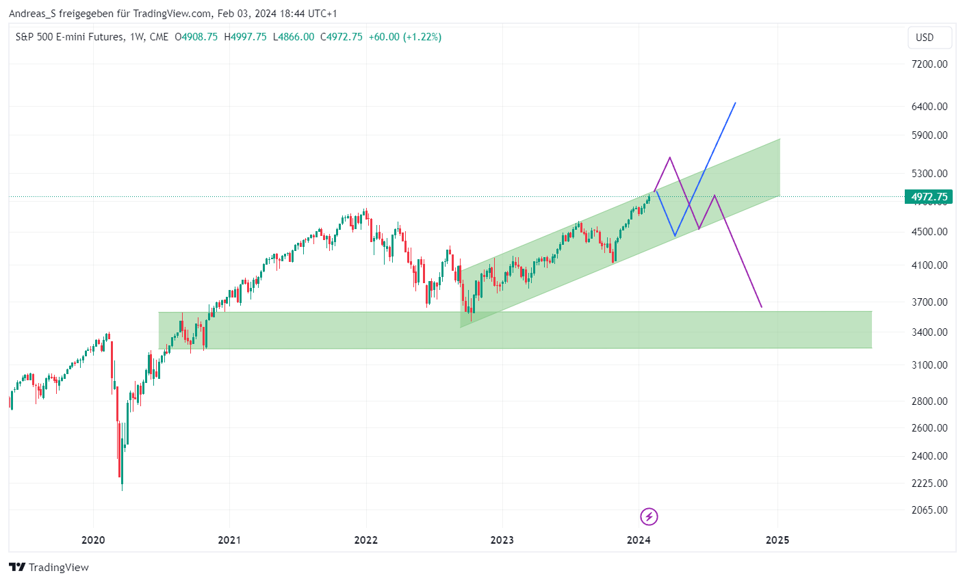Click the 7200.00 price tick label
pyautogui.click(x=929, y=64)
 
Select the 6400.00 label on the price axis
pyautogui.click(x=929, y=107)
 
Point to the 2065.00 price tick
pyautogui.click(x=929, y=510)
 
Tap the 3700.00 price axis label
pyautogui.click(x=929, y=302)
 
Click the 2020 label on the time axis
pyautogui.click(x=93, y=540)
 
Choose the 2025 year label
pyautogui.click(x=777, y=540)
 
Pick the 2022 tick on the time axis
pyautogui.click(x=366, y=540)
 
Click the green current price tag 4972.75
pyautogui.click(x=929, y=197)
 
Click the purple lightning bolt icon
pyautogui.click(x=649, y=516)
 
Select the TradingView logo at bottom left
pyautogui.click(x=49, y=568)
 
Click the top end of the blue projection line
pyautogui.click(x=735, y=103)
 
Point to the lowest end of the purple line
pyautogui.click(x=761, y=307)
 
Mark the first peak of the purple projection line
pyautogui.click(x=669, y=158)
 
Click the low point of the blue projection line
pyautogui.click(x=675, y=236)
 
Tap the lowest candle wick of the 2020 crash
pyautogui.click(x=123, y=489)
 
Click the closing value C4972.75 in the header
pyautogui.click(x=342, y=37)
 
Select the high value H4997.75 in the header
pyautogui.click(x=246, y=37)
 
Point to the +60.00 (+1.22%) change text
pyautogui.click(x=405, y=37)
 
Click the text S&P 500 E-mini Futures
pyautogui.click(x=70, y=37)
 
